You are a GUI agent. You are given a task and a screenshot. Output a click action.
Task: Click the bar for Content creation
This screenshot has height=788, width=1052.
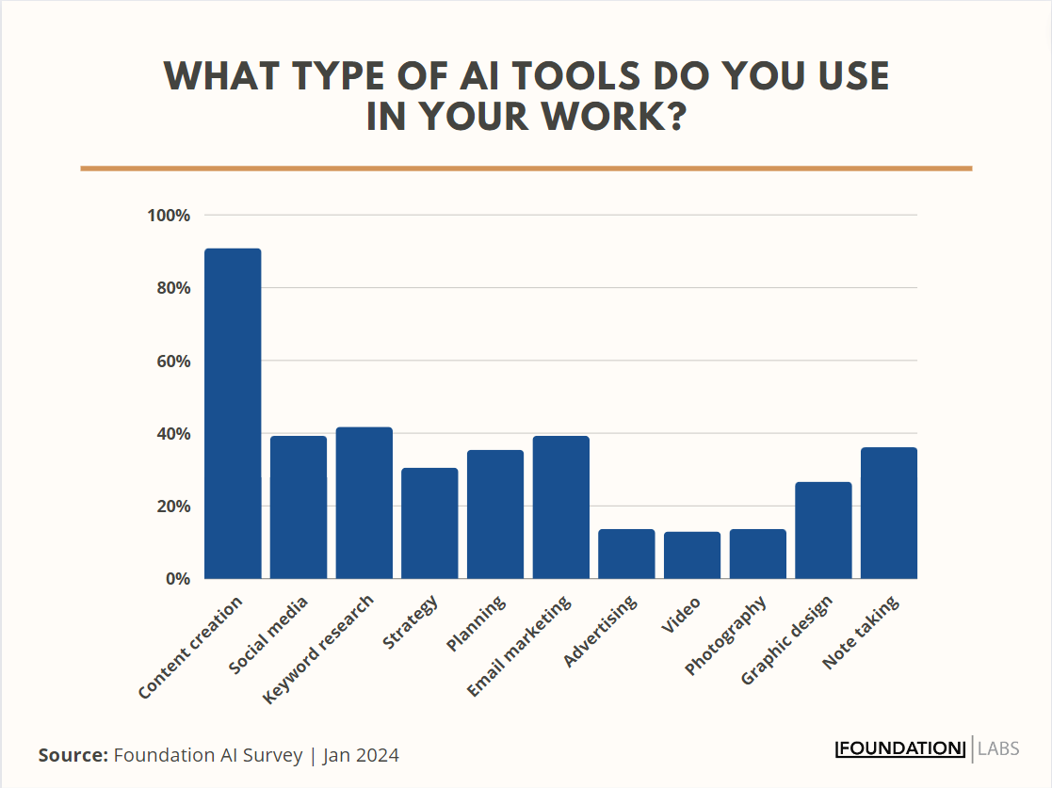pyautogui.click(x=233, y=413)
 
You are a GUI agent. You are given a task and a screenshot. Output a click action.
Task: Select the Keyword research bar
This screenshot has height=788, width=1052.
pyautogui.click(x=364, y=503)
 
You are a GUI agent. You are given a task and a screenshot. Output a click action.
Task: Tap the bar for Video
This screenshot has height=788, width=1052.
pyautogui.click(x=692, y=555)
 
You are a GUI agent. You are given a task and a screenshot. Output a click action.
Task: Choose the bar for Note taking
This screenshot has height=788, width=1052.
pyautogui.click(x=889, y=513)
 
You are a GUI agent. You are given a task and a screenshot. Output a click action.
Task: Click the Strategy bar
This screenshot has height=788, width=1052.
pyautogui.click(x=429, y=523)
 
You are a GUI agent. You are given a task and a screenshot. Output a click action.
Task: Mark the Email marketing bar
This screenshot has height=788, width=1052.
pyautogui.click(x=560, y=507)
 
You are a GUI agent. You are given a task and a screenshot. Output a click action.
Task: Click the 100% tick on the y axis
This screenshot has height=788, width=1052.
pyautogui.click(x=170, y=216)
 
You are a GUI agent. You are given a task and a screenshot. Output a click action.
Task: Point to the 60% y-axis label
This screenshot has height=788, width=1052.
pyautogui.click(x=173, y=362)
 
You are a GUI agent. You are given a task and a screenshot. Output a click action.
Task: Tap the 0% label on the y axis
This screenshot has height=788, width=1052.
pyautogui.click(x=178, y=579)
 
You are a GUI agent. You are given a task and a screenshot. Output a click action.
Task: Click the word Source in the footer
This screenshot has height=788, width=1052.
pyautogui.click(x=72, y=755)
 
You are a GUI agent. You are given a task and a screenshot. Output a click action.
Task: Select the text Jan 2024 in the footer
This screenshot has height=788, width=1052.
pyautogui.click(x=361, y=755)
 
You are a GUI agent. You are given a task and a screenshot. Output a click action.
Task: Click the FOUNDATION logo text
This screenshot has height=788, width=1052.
pyautogui.click(x=900, y=749)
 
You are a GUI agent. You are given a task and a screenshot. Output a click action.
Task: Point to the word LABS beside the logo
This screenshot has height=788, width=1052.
pyautogui.click(x=998, y=749)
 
